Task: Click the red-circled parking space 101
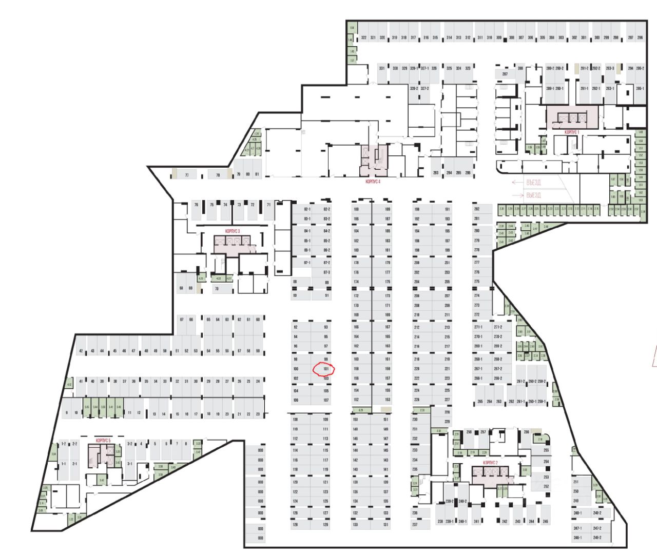tap(325, 369)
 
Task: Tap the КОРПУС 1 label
tap(572, 132)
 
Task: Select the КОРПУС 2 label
tap(490, 463)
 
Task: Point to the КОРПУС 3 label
tap(233, 231)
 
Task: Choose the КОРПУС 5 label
tap(103, 441)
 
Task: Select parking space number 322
tap(363, 38)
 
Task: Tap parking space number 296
tap(640, 38)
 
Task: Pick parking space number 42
tap(81, 351)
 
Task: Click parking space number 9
tap(66, 413)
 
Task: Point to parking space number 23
tap(258, 413)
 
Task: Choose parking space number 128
tap(295, 525)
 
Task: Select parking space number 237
tap(415, 525)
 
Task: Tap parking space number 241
tap(476, 522)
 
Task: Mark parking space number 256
tap(526, 432)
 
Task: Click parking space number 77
tap(187, 175)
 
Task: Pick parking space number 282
tap(476, 209)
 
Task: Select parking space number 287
tap(505, 74)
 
